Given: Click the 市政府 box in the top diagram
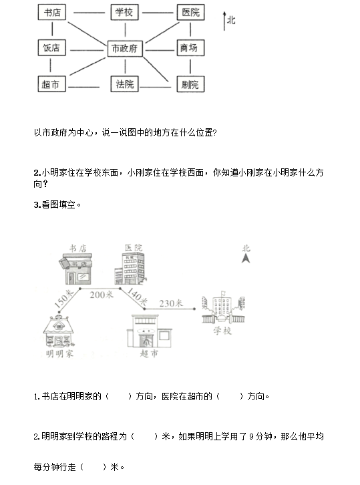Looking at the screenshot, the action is pos(125,49).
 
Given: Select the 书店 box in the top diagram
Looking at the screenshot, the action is pos(52,13).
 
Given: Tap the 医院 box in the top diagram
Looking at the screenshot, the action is pos(191,13).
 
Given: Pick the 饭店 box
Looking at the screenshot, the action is pos(51,48).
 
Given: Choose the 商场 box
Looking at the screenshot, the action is pos(191,48).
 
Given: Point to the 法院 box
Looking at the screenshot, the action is pos(125,84).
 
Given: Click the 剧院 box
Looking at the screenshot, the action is pos(191,84).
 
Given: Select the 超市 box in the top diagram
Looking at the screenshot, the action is pos(51,84).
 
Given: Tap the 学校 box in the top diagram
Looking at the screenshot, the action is pos(125,13).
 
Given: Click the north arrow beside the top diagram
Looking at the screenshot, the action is pos(224,21).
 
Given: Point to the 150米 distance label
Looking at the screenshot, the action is pos(63,299).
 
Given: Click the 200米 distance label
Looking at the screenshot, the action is pos(102,295).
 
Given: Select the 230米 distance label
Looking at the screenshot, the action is pos(171,303).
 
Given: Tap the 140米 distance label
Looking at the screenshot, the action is pos(137,296).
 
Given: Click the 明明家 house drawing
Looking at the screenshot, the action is pos(59,331).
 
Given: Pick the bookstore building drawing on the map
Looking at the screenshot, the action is pos(76,269).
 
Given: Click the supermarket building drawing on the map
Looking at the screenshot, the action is pos(149,331).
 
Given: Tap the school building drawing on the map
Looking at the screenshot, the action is pos(223,308).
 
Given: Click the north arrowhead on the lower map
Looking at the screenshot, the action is pos(246,259).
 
